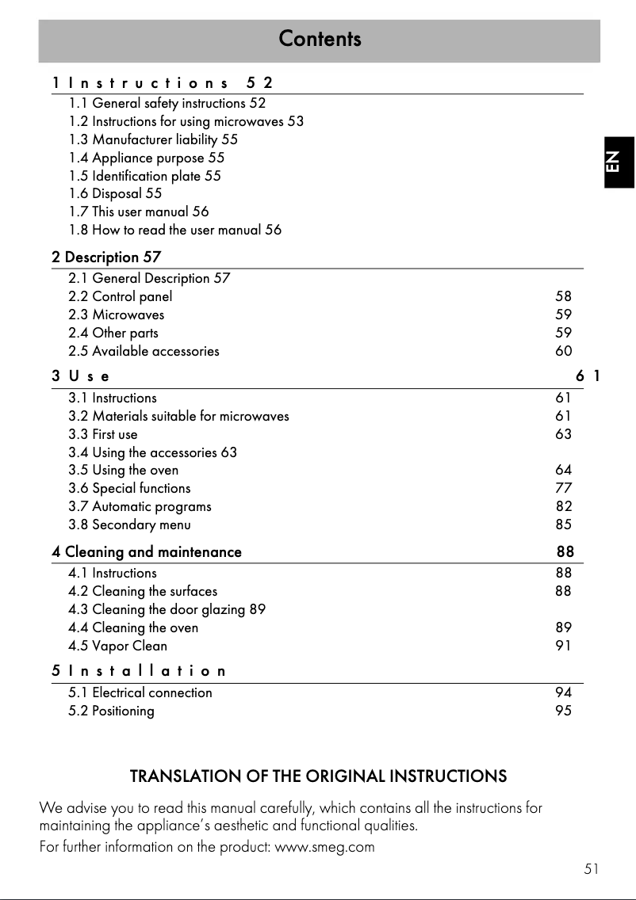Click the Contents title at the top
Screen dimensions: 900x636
click(x=320, y=39)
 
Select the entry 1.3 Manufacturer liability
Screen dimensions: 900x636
click(x=153, y=139)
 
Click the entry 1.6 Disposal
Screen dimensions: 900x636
click(x=115, y=193)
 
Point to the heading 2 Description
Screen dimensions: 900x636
click(x=106, y=257)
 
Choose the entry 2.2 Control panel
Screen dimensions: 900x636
click(x=120, y=297)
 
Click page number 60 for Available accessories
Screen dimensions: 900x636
click(x=563, y=351)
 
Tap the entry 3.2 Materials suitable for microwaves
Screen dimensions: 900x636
click(x=178, y=416)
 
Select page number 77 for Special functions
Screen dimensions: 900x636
click(x=563, y=488)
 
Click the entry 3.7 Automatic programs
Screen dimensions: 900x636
click(x=140, y=506)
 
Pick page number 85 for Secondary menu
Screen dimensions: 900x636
click(x=563, y=524)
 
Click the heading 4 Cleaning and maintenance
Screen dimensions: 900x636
click(x=147, y=551)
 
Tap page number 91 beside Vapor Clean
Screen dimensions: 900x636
click(x=563, y=646)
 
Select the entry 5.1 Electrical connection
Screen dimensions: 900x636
click(x=140, y=692)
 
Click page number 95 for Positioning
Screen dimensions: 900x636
click(x=563, y=711)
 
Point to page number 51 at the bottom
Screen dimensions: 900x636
click(x=591, y=869)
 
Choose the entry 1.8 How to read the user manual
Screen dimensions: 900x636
click(x=174, y=230)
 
